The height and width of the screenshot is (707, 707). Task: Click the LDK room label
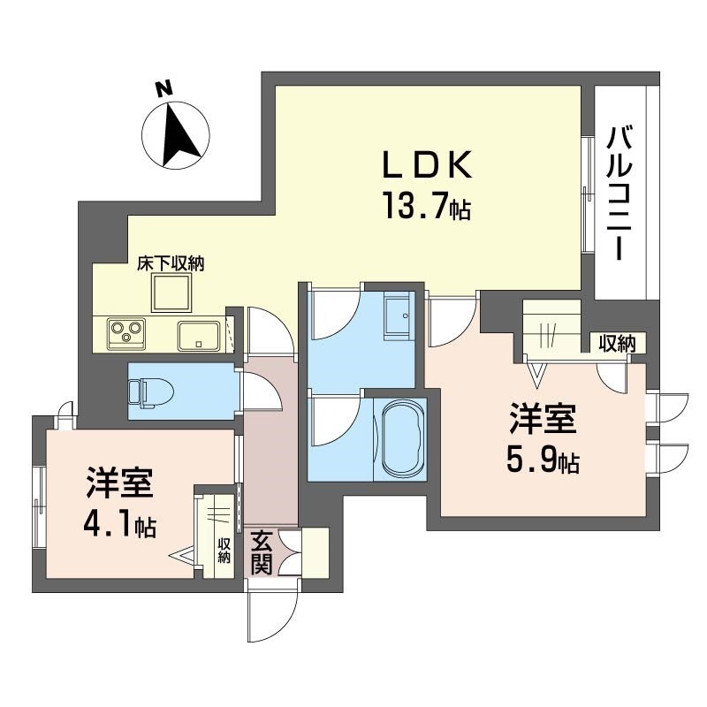427,164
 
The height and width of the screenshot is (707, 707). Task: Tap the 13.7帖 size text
427,206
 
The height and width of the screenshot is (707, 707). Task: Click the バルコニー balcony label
620,194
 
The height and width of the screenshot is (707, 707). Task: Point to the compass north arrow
179,135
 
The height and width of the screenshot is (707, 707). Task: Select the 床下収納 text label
171,264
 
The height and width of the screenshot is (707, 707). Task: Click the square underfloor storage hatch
171,293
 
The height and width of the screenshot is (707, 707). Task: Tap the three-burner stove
126,334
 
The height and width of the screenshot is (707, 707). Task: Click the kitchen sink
199,336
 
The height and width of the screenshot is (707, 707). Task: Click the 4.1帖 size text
119,525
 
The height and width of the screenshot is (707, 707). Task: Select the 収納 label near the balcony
617,344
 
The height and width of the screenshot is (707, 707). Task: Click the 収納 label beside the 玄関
224,551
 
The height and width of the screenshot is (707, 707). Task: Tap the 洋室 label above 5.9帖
543,419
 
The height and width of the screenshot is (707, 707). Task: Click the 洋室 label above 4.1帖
120,483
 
